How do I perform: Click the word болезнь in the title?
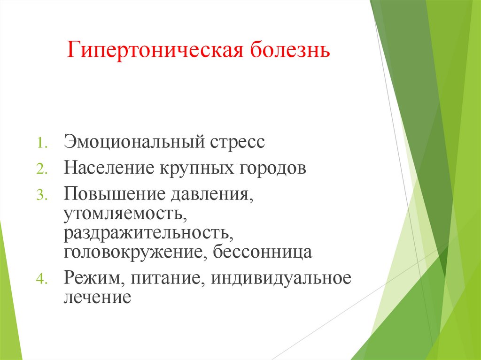tap(290, 50)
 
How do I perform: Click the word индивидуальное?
tap(281, 277)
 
